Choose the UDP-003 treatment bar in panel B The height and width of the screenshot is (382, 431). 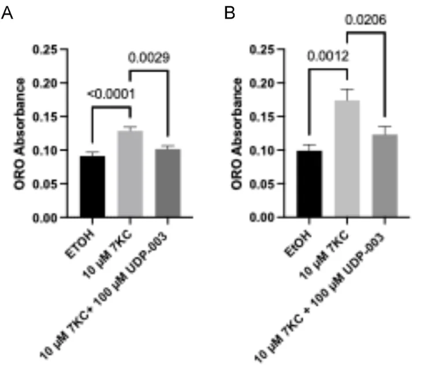click(x=384, y=176)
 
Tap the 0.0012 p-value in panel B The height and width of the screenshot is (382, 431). click(x=328, y=58)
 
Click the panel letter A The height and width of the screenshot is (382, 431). click(x=7, y=13)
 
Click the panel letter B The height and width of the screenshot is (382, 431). click(x=230, y=13)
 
